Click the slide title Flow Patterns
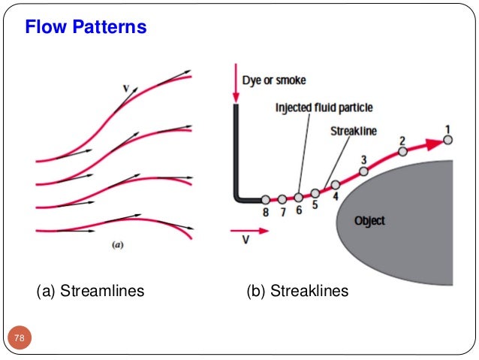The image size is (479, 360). point(86,28)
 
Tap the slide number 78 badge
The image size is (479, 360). point(19,339)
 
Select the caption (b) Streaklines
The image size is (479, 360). point(297,290)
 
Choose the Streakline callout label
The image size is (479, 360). point(354,131)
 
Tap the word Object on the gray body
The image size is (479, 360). point(369,220)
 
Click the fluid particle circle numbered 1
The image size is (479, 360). point(447,139)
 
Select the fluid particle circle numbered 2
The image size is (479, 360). point(402,151)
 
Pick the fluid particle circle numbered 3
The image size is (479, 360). point(363,171)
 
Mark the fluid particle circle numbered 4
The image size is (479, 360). point(336,184)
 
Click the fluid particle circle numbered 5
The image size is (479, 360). point(315,193)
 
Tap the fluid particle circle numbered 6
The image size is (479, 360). point(298,198)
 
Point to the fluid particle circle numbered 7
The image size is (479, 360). point(282,199)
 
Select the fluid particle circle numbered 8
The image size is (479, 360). point(265,199)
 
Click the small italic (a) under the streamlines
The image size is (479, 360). point(117,244)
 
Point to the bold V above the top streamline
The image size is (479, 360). point(126,89)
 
